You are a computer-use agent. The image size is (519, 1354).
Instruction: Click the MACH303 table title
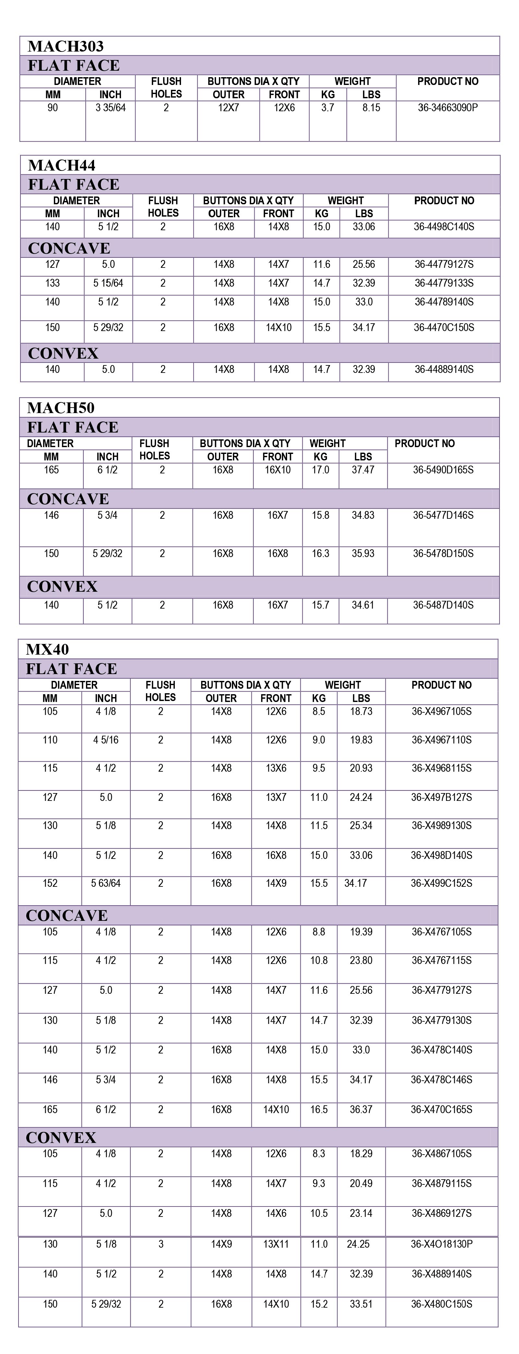[x=66, y=46]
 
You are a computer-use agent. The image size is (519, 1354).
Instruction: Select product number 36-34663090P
[x=448, y=108]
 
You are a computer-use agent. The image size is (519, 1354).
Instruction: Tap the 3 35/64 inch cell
[x=110, y=108]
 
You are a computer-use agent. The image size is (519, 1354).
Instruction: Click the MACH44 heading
[x=62, y=166]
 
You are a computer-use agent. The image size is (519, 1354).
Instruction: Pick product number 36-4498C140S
[x=444, y=227]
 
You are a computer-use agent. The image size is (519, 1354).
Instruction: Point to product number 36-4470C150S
[x=444, y=327]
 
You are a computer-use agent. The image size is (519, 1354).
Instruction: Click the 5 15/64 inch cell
[x=108, y=283]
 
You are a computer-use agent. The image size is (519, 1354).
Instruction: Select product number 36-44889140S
[x=444, y=370]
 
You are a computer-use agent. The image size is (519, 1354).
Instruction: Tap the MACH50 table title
[x=61, y=408]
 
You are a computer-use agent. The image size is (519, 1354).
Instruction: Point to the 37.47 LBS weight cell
[x=363, y=470]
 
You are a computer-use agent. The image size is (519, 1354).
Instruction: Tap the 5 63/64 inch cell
[x=106, y=884]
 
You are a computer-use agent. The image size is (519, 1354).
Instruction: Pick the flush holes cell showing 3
[x=161, y=1244]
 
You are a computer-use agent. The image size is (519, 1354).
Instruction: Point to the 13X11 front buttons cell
[x=276, y=1244]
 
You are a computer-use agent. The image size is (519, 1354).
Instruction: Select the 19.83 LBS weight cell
[x=361, y=740]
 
